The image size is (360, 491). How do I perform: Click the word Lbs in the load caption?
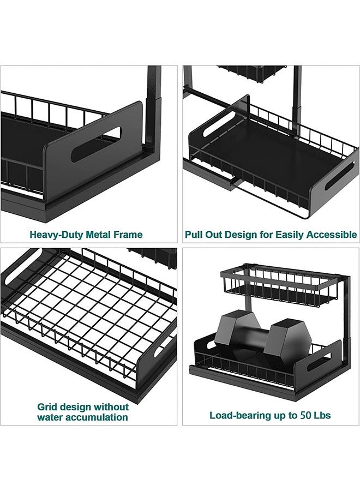pos(321,415)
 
